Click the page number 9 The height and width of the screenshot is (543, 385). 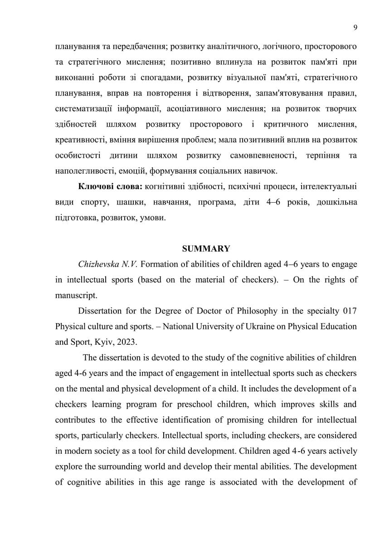coord(355,28)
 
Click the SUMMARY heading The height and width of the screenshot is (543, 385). coord(206,248)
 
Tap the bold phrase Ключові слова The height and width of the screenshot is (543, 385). coord(104,186)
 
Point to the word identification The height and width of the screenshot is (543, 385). coord(186,419)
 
